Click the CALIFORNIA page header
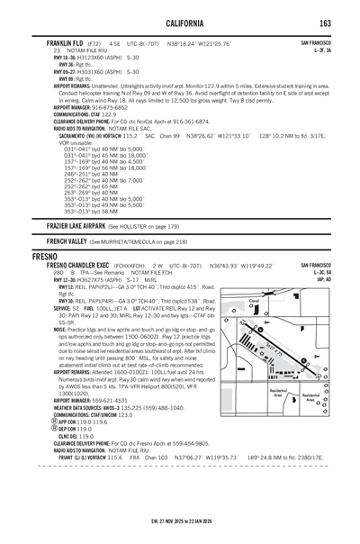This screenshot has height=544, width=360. (180, 22)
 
